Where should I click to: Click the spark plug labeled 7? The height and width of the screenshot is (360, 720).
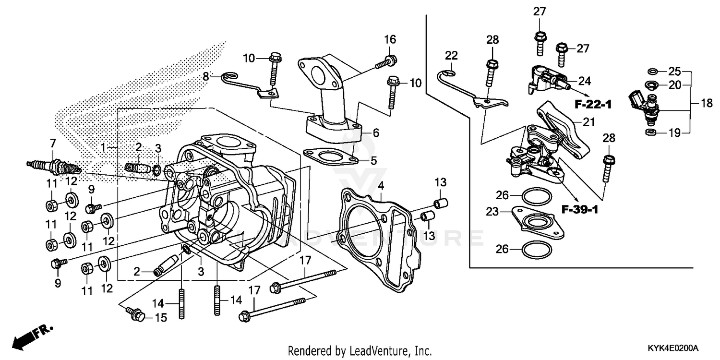click(x=54, y=166)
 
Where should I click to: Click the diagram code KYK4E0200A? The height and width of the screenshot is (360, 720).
click(x=673, y=348)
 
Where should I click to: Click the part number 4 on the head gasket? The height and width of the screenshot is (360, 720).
click(x=380, y=185)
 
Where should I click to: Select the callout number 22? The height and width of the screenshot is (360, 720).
click(x=452, y=55)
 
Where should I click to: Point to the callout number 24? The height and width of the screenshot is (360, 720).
click(x=585, y=81)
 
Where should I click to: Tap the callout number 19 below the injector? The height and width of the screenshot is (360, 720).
click(x=675, y=133)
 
